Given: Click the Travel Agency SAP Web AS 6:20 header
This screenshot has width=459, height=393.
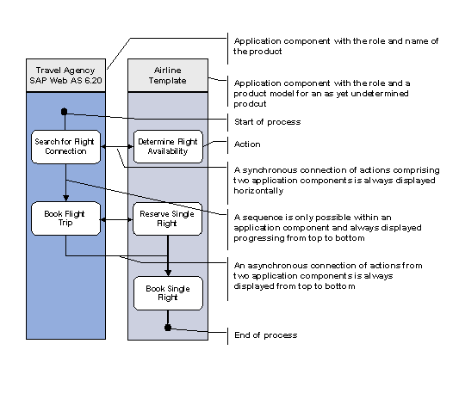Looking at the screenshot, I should click(x=65, y=75).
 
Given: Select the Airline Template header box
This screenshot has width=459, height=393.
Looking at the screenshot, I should click(x=168, y=75).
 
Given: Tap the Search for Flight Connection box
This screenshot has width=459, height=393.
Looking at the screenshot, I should click(x=65, y=145).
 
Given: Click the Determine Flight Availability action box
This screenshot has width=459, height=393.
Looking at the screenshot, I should click(x=168, y=145).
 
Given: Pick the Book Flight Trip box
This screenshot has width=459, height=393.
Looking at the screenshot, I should click(x=65, y=218).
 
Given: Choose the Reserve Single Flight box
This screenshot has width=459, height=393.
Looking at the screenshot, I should click(x=168, y=218).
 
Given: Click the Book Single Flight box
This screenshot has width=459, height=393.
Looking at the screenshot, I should click(x=168, y=292).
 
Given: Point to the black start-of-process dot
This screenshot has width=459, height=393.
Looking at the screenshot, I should click(x=65, y=112).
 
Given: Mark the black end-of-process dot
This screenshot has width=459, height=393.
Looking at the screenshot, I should click(x=169, y=328).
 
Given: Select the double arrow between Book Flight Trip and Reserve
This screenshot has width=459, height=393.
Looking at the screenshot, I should click(x=117, y=219).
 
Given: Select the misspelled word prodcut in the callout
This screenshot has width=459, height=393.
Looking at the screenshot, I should click(x=251, y=103).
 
